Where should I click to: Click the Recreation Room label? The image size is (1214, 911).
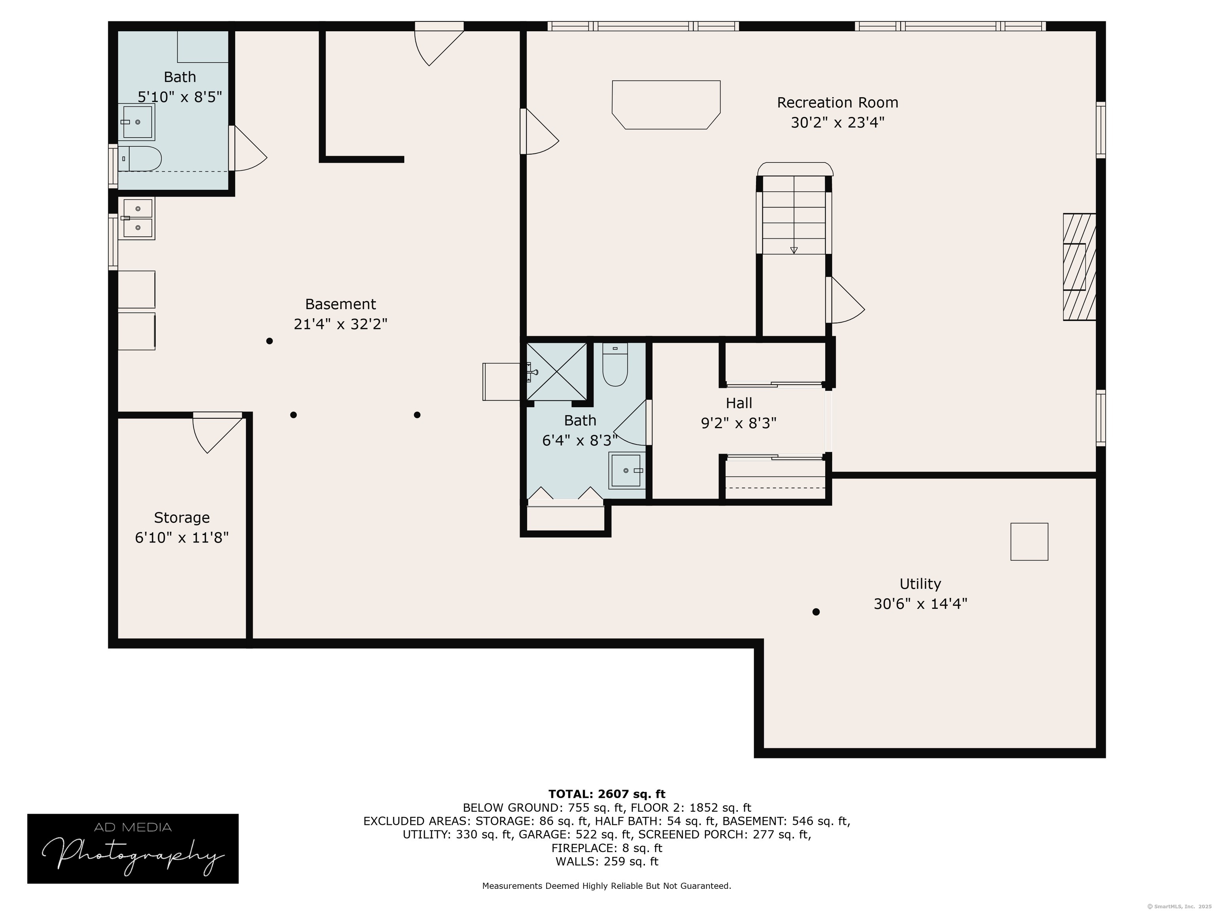point(837,103)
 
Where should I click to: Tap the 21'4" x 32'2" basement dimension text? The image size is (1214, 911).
point(340,324)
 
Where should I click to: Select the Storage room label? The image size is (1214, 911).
point(182,518)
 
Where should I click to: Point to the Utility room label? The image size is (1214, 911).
point(920,584)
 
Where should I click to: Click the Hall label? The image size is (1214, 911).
point(739,403)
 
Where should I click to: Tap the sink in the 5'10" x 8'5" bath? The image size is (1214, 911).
point(137,122)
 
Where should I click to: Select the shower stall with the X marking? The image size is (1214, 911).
point(556,371)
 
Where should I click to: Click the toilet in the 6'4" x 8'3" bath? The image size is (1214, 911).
point(615,365)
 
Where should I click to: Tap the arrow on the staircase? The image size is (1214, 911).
point(794,250)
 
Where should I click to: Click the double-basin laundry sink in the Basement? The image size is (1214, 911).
point(137,219)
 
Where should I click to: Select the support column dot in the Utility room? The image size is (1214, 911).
point(816,612)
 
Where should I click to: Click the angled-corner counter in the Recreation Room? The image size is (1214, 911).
point(666,105)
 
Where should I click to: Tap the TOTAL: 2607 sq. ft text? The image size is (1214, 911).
point(607,794)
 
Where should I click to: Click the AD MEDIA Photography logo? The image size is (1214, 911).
point(133,849)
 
